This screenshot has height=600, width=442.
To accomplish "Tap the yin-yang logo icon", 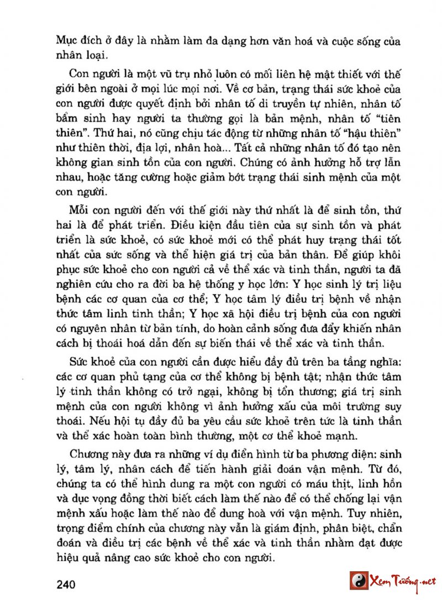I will click(359, 581).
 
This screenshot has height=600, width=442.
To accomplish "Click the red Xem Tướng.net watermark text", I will click(404, 581).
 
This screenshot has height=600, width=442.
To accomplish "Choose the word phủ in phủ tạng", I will click(119, 378).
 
